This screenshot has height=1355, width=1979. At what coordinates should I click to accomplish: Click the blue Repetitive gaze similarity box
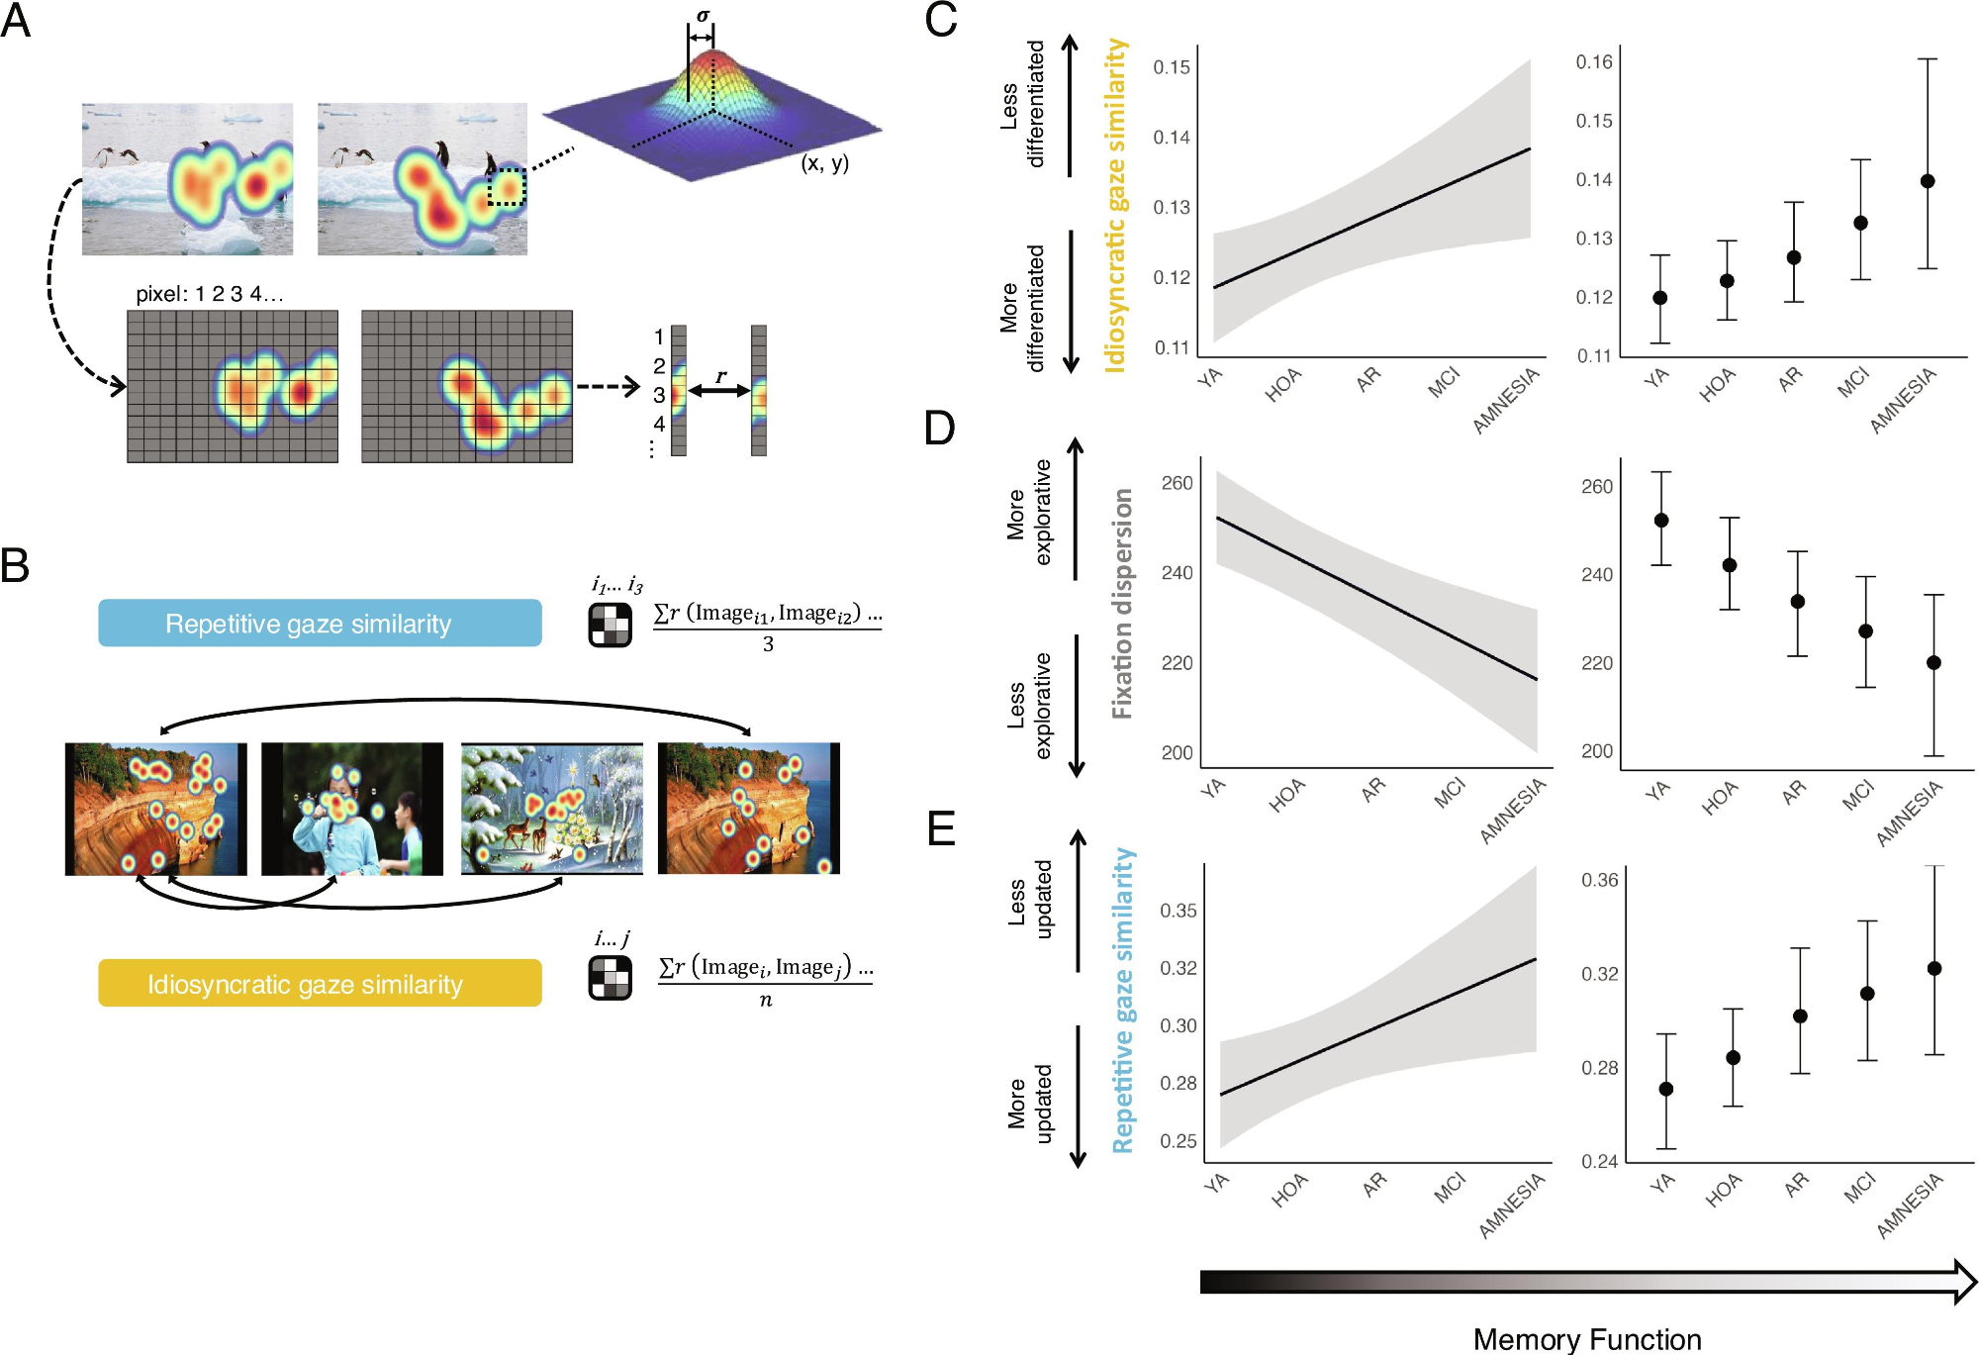(320, 624)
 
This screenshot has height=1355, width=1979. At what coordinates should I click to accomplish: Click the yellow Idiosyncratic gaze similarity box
(320, 983)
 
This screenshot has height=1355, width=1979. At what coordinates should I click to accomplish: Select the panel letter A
(16, 21)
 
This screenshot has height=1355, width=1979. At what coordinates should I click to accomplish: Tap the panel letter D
(939, 428)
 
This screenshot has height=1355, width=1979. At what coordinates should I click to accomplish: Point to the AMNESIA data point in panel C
(1928, 181)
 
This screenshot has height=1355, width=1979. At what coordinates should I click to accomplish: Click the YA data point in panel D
(1661, 521)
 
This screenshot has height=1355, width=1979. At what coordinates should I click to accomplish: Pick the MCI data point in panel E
(1867, 993)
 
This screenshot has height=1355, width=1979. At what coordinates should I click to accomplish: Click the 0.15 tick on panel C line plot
(1172, 67)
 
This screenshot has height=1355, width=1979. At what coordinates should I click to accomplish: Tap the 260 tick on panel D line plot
(1177, 483)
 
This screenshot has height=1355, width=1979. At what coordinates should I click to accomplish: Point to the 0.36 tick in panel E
(1599, 880)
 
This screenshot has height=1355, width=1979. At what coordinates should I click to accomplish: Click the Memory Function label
(1587, 1338)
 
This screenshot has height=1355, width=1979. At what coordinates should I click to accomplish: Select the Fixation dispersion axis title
(1122, 604)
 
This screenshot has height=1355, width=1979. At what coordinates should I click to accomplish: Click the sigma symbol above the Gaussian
(703, 16)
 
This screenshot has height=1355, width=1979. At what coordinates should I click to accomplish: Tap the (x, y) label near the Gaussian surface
(824, 163)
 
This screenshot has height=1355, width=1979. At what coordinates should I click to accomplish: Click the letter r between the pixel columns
(720, 376)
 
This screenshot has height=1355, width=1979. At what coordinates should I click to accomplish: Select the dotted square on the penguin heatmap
(507, 186)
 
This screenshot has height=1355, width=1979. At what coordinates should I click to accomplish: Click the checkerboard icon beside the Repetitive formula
(610, 625)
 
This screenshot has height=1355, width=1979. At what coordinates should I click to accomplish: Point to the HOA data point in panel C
(1727, 281)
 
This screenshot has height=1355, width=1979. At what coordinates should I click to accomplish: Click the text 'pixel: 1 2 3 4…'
(209, 294)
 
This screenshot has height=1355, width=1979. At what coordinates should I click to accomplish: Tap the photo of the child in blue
(351, 809)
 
